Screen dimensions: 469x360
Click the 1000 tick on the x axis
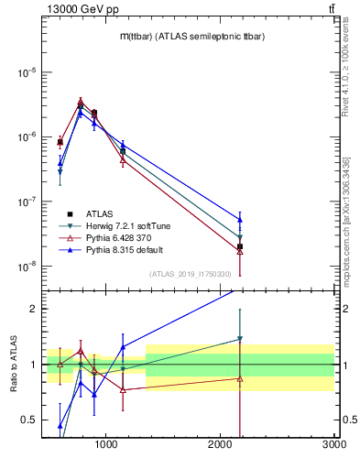[106, 446]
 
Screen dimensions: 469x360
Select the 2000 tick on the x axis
[220, 446]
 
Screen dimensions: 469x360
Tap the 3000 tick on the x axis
[332, 446]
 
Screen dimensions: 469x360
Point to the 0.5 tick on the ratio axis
[28, 420]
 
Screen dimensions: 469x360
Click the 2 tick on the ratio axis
[33, 309]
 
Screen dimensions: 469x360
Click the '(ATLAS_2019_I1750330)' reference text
[190, 274]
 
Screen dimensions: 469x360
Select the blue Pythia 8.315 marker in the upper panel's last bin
[240, 220]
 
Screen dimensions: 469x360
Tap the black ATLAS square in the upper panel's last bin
[240, 246]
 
